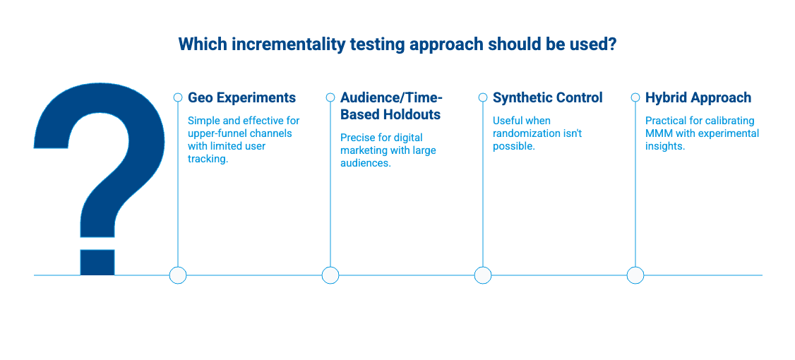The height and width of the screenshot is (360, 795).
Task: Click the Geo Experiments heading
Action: pyautogui.click(x=242, y=97)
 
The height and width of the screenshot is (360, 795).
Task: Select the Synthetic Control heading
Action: pyautogui.click(x=548, y=97)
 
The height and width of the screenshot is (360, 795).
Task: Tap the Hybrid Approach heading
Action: pyautogui.click(x=698, y=98)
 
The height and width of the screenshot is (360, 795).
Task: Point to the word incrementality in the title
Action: pyautogui.click(x=289, y=44)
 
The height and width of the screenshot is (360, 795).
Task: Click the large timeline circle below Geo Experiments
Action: pyautogui.click(x=177, y=275)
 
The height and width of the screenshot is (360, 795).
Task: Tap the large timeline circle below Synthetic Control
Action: pyautogui.click(x=483, y=275)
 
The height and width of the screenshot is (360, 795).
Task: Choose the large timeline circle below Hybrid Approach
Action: pyautogui.click(x=635, y=275)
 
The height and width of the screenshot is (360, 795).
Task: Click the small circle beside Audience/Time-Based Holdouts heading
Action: pyautogui.click(x=330, y=97)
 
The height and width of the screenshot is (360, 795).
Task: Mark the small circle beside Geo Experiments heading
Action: pyautogui.click(x=178, y=97)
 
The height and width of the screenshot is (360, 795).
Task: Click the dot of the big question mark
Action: pyautogui.click(x=97, y=262)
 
